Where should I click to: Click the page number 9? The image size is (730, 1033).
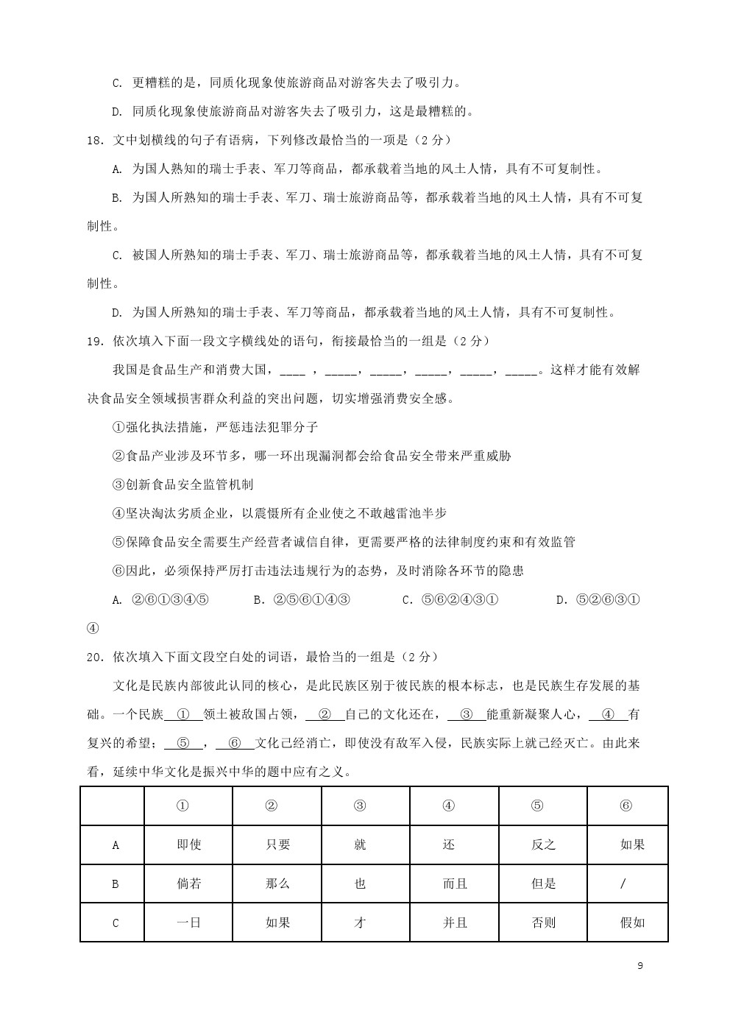coord(639,966)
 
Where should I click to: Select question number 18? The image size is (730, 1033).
coord(96,140)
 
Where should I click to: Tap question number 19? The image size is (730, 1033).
coord(96,341)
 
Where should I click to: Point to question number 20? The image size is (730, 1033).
coord(96,657)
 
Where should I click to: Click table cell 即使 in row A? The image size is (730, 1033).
coord(188,845)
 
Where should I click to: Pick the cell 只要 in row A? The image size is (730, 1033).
coord(277,845)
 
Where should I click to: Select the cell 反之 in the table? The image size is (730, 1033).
coord(543,845)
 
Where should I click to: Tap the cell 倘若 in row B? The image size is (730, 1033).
coord(188,884)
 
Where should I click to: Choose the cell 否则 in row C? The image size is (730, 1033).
coord(543,923)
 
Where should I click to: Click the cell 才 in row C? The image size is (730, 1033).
coord(360,923)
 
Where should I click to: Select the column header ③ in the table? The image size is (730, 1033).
coord(360,805)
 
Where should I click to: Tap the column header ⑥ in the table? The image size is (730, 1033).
coord(626,805)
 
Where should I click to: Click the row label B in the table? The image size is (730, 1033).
coord(115,884)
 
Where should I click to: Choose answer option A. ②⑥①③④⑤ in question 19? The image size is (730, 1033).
coord(160,600)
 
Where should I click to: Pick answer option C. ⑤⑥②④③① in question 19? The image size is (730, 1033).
coord(450,600)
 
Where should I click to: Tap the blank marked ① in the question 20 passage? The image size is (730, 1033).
coord(184,714)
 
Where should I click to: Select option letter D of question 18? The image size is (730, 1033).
coord(116,313)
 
